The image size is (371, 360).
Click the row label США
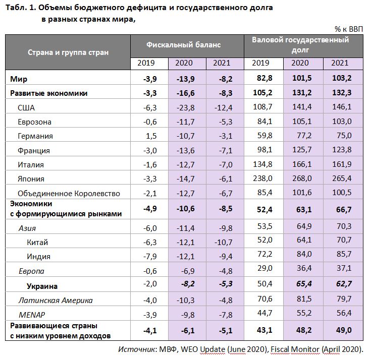click(x=26, y=107)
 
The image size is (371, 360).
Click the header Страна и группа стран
click(x=68, y=52)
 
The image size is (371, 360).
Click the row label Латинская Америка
click(x=56, y=300)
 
